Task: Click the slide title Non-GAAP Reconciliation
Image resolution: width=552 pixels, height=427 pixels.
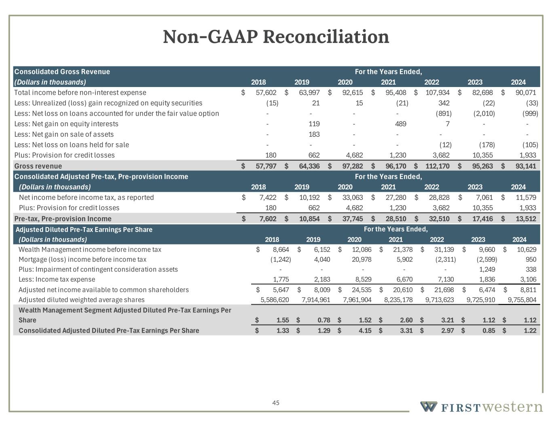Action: tap(276, 37)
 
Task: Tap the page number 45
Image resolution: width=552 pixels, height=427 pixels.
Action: tap(276, 403)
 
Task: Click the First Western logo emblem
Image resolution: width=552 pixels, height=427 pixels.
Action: tap(428, 406)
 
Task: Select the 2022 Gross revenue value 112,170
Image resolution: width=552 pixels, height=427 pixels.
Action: tap(438, 166)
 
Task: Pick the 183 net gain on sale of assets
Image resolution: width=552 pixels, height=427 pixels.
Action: tap(314, 134)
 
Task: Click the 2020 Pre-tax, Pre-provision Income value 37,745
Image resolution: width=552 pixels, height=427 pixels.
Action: tap(352, 219)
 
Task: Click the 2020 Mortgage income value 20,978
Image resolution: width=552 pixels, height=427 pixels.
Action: tap(362, 259)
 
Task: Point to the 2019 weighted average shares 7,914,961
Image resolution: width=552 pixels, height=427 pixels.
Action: tap(316, 300)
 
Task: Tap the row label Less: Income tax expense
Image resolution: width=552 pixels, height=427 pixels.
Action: tap(57, 279)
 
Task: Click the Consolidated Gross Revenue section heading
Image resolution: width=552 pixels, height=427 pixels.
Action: tap(62, 72)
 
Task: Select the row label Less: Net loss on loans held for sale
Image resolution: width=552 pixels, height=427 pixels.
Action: tap(72, 145)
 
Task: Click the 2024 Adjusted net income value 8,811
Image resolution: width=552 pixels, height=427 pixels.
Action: tap(528, 290)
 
